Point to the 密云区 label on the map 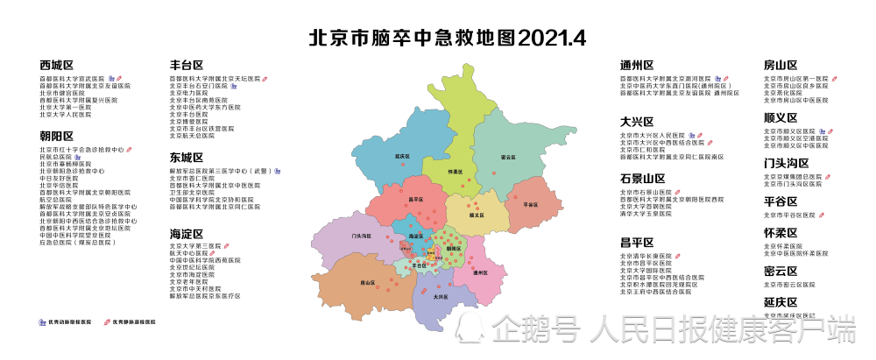point(507,158)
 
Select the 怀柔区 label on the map point(455,172)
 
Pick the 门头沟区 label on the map point(357,236)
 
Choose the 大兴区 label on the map point(442,296)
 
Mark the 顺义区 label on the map point(477,214)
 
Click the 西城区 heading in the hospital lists point(56,66)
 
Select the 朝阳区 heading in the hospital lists point(56,136)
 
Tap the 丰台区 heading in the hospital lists point(186,65)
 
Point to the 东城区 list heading point(186,158)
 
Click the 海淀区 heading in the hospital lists point(186,234)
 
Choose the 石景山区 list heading point(642,179)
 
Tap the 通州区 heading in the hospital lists point(637,65)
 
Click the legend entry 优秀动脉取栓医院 point(68,322)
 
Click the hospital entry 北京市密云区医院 point(795,285)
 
